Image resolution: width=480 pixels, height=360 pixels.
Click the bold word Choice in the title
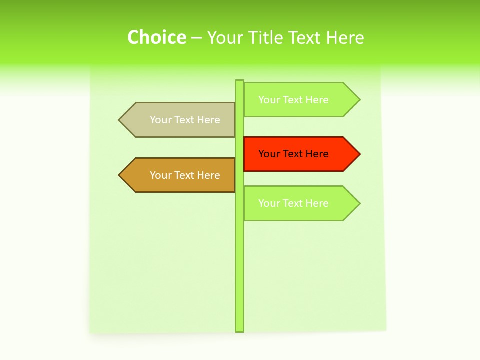(156, 37)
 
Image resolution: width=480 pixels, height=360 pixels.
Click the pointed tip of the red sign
(358, 154)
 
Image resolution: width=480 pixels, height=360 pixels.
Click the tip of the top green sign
(358, 100)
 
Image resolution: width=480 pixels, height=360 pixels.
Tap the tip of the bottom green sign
(358, 203)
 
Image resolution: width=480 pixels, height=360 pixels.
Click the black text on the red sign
(293, 154)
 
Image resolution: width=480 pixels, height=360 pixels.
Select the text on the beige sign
(185, 120)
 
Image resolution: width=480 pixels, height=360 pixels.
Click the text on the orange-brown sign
(185, 175)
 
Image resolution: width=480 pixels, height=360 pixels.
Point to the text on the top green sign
(293, 100)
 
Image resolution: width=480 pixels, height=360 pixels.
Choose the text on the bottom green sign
(293, 203)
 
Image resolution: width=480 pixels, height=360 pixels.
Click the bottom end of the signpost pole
(240, 329)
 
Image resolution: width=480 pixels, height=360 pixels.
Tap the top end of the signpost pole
(240, 82)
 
